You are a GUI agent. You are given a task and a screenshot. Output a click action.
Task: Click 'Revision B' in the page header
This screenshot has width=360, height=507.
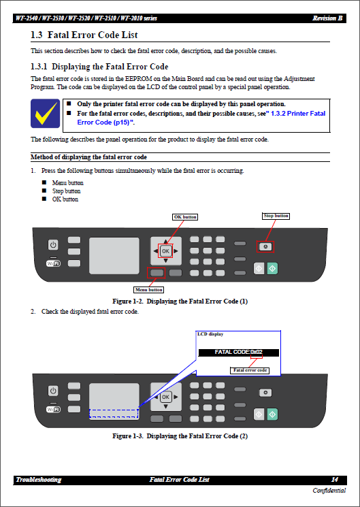tap(327, 18)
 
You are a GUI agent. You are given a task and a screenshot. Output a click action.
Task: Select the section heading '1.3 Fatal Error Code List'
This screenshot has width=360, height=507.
tap(86, 35)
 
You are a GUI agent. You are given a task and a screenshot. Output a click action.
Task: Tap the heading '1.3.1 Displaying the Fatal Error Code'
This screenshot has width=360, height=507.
tap(99, 67)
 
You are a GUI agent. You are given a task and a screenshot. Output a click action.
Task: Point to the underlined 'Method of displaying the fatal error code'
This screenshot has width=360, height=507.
tap(88, 157)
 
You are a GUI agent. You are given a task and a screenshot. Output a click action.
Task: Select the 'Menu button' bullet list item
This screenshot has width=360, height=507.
tap(67, 183)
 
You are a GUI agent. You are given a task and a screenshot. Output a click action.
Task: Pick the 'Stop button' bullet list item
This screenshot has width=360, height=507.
tap(66, 191)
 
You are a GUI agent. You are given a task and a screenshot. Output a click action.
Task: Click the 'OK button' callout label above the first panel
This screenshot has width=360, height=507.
tap(185, 217)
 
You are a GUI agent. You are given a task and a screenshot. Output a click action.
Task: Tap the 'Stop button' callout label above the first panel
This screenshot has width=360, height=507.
tap(276, 216)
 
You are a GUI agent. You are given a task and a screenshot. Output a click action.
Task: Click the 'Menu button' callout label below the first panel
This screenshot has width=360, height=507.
tap(148, 289)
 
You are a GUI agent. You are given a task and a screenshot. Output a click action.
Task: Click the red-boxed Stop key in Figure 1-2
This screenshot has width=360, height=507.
tap(265, 247)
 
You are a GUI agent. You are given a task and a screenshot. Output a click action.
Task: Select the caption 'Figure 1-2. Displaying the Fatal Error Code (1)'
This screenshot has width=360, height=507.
tap(180, 301)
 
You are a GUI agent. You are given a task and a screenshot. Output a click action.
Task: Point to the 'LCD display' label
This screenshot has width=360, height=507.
tap(210, 334)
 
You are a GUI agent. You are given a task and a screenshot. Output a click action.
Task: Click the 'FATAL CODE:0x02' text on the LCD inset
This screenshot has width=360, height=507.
tap(238, 353)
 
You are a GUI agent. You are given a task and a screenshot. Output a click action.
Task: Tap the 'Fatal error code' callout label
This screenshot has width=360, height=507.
tap(250, 370)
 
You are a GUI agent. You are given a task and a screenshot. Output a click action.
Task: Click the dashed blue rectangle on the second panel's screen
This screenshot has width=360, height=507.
tap(113, 413)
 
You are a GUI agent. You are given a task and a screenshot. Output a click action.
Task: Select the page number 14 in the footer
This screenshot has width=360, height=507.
tap(334, 480)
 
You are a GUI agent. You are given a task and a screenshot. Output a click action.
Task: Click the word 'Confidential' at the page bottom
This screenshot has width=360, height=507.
tap(329, 491)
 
